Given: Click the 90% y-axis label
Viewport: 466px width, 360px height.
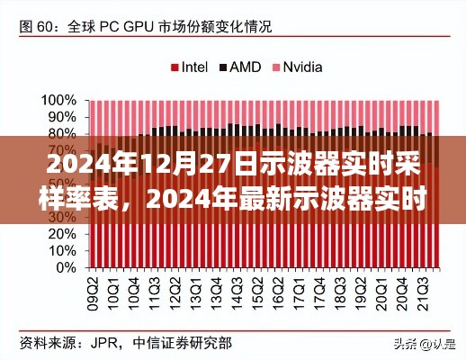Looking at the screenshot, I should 60,117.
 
